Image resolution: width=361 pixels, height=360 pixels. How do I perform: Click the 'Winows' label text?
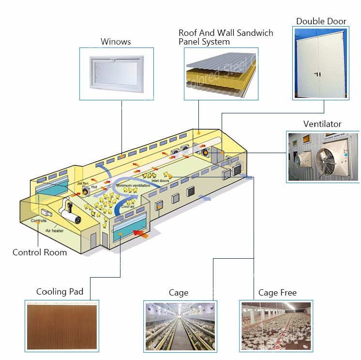[116, 42]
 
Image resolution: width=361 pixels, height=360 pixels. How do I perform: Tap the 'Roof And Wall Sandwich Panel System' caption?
[226, 37]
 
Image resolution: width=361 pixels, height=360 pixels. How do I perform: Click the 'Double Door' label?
[321, 21]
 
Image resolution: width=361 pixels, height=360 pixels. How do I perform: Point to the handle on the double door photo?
[317, 75]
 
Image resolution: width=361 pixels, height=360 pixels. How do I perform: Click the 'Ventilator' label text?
[322, 124]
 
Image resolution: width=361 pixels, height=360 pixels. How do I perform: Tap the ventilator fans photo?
[323, 157]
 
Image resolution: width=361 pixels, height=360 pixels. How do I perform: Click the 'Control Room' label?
[40, 252]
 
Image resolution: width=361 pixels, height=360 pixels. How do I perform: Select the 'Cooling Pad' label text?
[60, 292]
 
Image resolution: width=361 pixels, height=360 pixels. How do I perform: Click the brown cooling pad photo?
[61, 324]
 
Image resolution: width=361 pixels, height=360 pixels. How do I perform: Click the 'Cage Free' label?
[277, 293]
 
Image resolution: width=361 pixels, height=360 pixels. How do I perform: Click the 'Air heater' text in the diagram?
[54, 231]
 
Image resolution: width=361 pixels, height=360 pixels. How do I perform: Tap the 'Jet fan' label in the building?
[82, 184]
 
